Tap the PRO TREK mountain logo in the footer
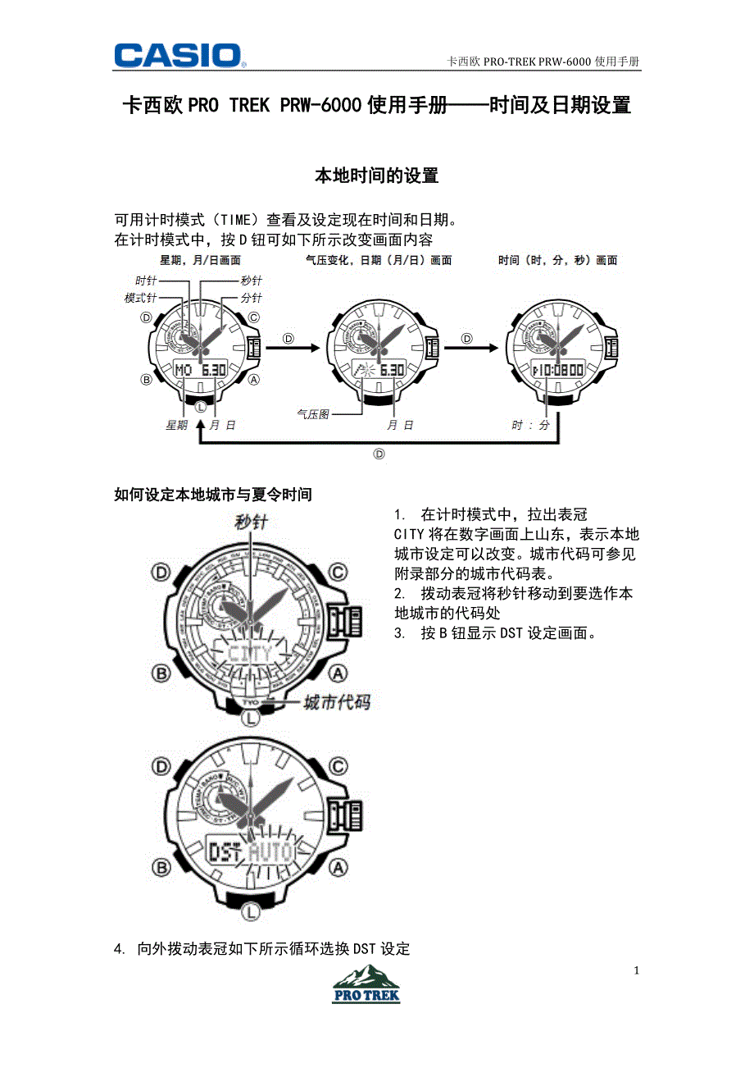tap(366, 984)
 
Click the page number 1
tap(636, 970)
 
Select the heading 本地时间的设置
tap(377, 176)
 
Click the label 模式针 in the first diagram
tap(140, 298)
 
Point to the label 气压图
tap(312, 415)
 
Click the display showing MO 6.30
tap(201, 371)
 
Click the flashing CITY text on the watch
tap(249, 654)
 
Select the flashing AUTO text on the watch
tap(271, 852)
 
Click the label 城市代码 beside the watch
tap(336, 703)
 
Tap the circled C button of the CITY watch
tap(338, 572)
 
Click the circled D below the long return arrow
tap(379, 454)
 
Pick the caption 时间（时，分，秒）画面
tap(557, 261)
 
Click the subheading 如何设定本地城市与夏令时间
tap(213, 495)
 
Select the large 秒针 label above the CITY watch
tap(251, 523)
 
